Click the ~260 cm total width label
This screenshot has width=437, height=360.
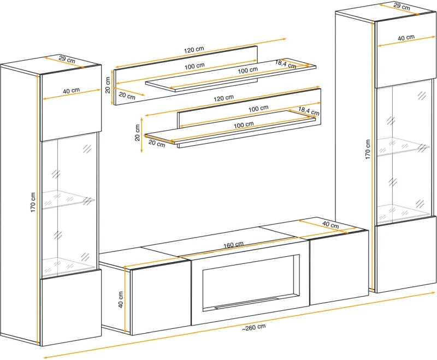point(253,327)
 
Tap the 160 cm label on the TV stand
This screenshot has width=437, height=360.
point(234,245)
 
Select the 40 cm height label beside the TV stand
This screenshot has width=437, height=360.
point(121,299)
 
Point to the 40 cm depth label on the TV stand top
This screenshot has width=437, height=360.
point(330,225)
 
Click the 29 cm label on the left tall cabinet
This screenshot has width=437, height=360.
point(67,59)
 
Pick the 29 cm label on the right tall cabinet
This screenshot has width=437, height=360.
point(401,6)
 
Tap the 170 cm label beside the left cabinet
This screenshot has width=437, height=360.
point(33,202)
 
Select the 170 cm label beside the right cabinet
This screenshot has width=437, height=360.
point(368,149)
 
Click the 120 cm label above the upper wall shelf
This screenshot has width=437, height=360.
point(194,50)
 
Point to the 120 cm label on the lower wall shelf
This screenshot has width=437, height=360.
point(224,98)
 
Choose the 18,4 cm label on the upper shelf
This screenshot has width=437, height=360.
point(285,64)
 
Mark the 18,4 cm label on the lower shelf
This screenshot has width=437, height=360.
point(309,111)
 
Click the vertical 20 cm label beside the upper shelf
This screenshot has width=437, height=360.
point(108,85)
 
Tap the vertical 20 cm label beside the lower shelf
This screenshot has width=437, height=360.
point(137,133)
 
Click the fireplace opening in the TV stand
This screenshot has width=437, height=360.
point(251,282)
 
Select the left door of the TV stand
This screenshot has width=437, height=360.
point(161,298)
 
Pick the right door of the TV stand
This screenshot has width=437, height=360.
point(339,268)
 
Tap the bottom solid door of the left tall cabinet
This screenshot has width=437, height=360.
point(71,308)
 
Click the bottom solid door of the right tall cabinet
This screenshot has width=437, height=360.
point(406,255)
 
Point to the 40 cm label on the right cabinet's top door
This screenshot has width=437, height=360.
point(406,37)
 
